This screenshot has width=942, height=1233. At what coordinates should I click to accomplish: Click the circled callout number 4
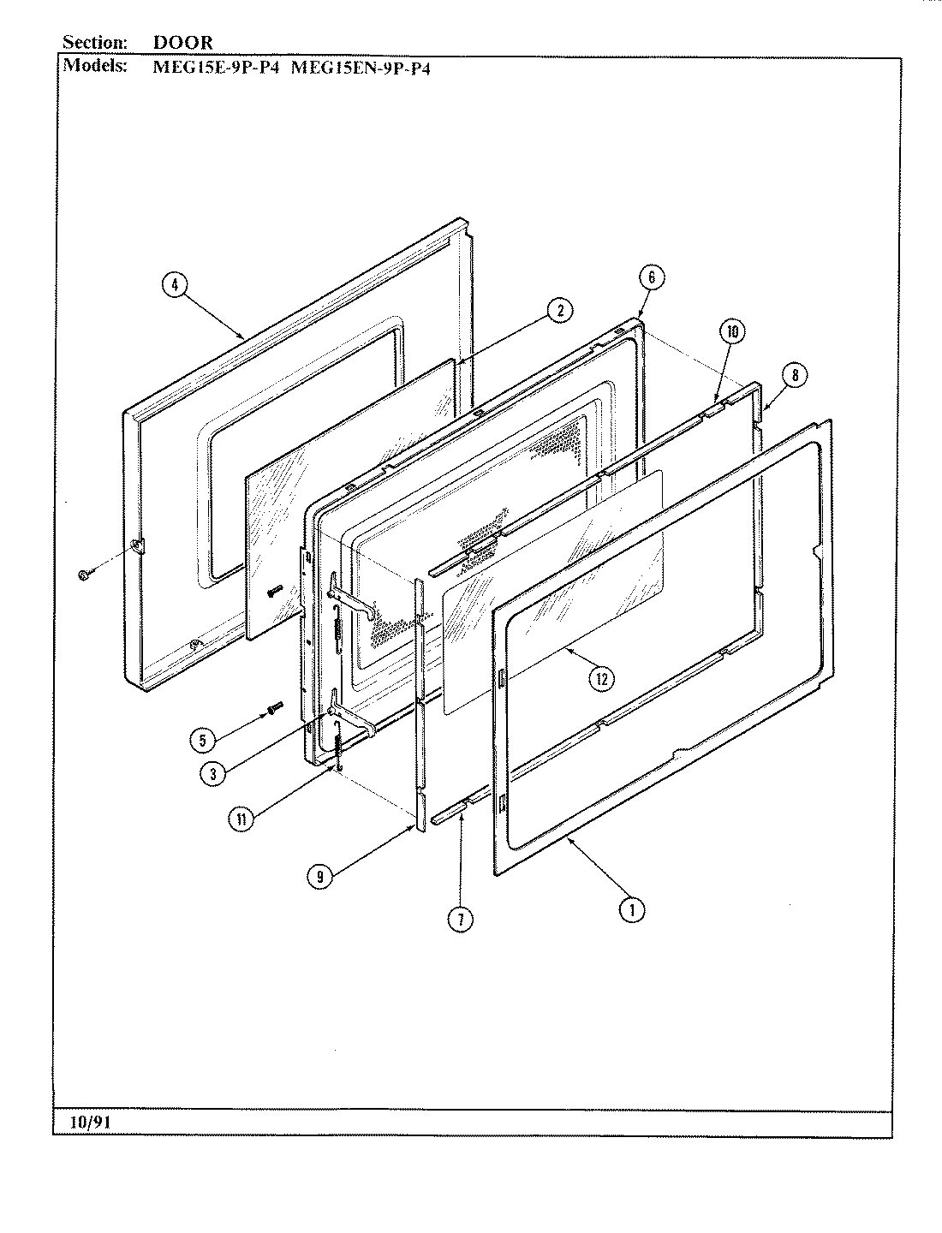tap(175, 288)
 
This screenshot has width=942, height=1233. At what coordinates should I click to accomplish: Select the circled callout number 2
tap(559, 312)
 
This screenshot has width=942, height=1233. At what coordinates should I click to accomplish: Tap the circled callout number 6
tap(652, 277)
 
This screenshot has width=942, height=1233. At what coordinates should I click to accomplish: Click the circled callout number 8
tap(795, 374)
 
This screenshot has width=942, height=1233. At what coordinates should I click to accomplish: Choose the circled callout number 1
tap(632, 911)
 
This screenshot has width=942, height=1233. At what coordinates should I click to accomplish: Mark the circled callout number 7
tap(460, 919)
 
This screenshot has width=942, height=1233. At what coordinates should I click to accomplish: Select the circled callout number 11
tap(241, 819)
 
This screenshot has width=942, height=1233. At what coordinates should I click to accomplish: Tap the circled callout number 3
tap(212, 773)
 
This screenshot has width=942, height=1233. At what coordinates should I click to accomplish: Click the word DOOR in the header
tap(182, 42)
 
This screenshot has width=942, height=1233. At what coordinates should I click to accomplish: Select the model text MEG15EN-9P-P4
tap(361, 68)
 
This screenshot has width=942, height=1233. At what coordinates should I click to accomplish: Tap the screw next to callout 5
tap(275, 707)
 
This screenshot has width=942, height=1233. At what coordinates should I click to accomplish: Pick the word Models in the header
tap(95, 67)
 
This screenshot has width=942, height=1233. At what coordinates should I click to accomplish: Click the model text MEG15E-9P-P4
tap(215, 68)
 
